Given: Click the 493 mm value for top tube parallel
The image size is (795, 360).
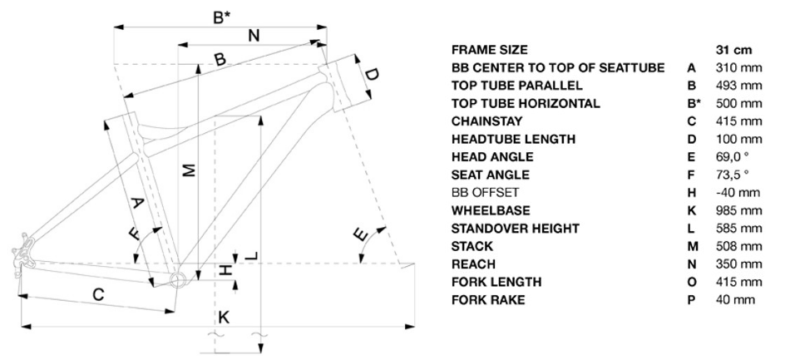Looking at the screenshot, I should tap(738, 86).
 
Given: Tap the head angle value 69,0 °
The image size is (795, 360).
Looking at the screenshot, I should tap(733, 157).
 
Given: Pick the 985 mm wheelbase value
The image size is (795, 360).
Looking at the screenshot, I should tap(738, 211).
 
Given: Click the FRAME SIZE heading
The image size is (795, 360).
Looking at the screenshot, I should tap(490, 50).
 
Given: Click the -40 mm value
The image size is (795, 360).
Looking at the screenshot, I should tap(737, 193).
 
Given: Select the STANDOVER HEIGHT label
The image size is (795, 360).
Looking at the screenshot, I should tap(516, 229).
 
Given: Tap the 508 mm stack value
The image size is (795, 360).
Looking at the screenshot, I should tap(738, 247).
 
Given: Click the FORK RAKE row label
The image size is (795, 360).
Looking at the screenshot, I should tap(488, 300).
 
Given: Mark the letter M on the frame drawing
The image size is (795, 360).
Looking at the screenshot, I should tap(189, 169).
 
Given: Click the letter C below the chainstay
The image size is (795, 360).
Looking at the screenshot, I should tap(98, 294).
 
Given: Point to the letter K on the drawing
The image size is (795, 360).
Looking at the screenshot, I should tap(223, 318).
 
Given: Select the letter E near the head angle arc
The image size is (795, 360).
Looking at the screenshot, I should tap(359, 236).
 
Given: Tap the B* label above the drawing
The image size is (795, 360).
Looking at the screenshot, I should tap(221, 14).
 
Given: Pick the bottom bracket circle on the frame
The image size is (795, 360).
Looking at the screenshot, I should tap(176, 279).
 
